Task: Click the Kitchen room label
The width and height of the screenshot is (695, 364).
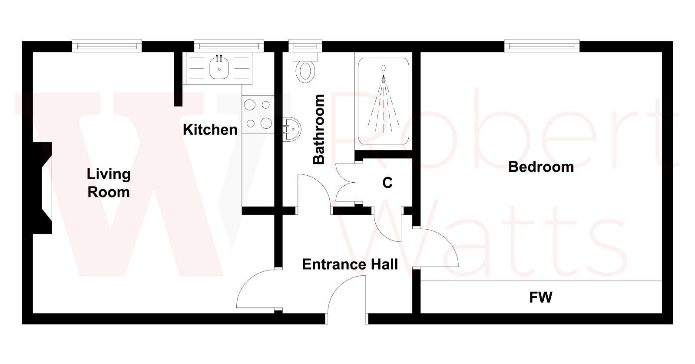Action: click(210, 130)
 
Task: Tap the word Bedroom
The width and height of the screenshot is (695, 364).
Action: click(541, 167)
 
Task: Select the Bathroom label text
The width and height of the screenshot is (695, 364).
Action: click(319, 129)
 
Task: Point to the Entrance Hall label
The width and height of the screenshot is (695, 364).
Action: click(350, 264)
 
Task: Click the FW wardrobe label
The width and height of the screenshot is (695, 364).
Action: click(540, 297)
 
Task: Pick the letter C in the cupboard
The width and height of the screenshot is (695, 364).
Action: click(387, 183)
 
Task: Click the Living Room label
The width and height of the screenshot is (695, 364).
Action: click(108, 183)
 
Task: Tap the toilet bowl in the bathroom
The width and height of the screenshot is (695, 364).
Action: click(305, 71)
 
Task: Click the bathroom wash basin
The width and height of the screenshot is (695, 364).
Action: click(291, 129)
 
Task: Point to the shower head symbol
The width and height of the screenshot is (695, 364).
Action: click(384, 68)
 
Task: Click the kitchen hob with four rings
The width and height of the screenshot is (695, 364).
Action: click(258, 114)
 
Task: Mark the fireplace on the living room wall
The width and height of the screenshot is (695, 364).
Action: click(43, 188)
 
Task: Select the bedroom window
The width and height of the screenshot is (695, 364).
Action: click(542, 46)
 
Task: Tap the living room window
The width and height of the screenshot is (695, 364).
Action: click(107, 46)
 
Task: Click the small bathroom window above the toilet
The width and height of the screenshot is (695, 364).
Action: click(305, 46)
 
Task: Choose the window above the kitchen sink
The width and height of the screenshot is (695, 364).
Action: click(228, 46)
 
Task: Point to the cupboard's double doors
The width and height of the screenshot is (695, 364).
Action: click(345, 183)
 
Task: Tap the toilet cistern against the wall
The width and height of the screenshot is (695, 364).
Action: click(305, 56)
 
